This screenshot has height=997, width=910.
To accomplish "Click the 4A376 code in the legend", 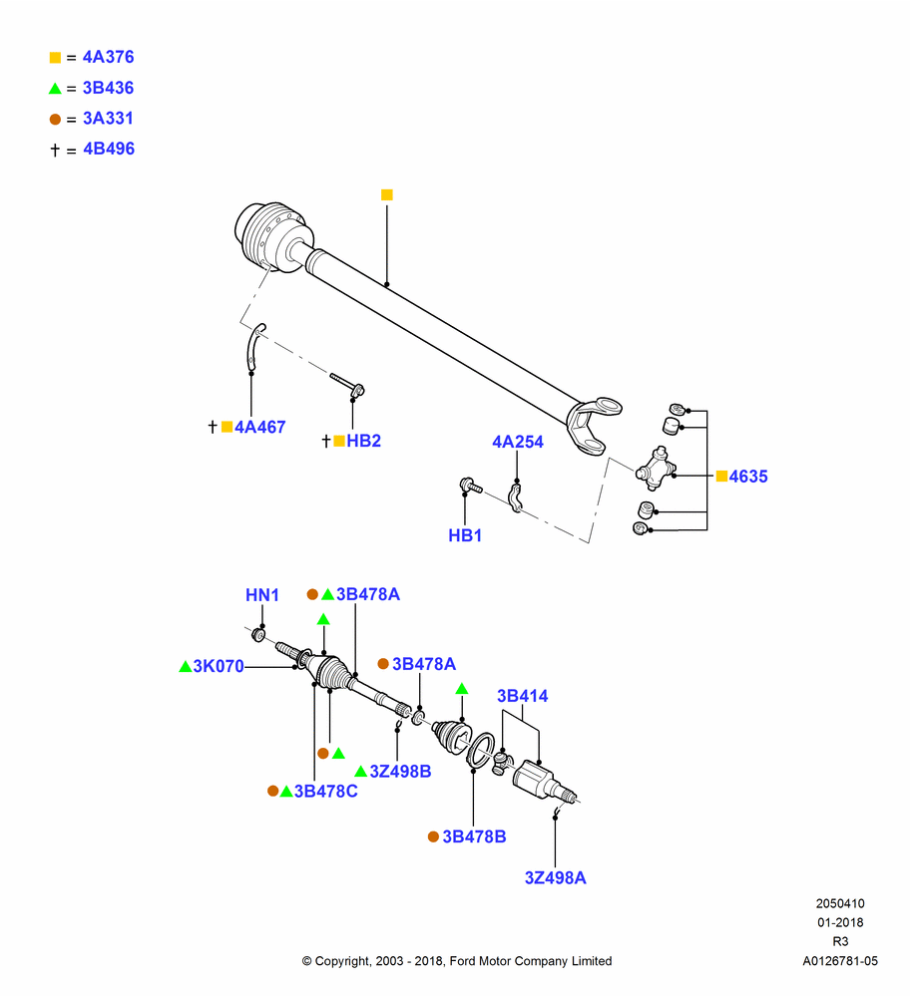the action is coord(108,57).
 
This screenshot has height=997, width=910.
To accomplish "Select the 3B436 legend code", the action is coord(108,88).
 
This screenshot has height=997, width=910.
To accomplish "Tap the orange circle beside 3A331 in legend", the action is coord(55,119).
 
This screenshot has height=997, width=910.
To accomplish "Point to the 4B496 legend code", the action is coord(109,149).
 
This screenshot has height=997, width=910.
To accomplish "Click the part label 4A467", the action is coord(260,428).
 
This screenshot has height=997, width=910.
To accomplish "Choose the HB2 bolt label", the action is coord(363,441).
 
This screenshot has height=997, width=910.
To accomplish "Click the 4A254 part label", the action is coord(518,442).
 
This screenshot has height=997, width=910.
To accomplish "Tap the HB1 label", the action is coord(465,535).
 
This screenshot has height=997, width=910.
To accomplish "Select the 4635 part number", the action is coord(748,477).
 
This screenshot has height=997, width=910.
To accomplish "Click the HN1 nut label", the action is coord(262,595).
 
